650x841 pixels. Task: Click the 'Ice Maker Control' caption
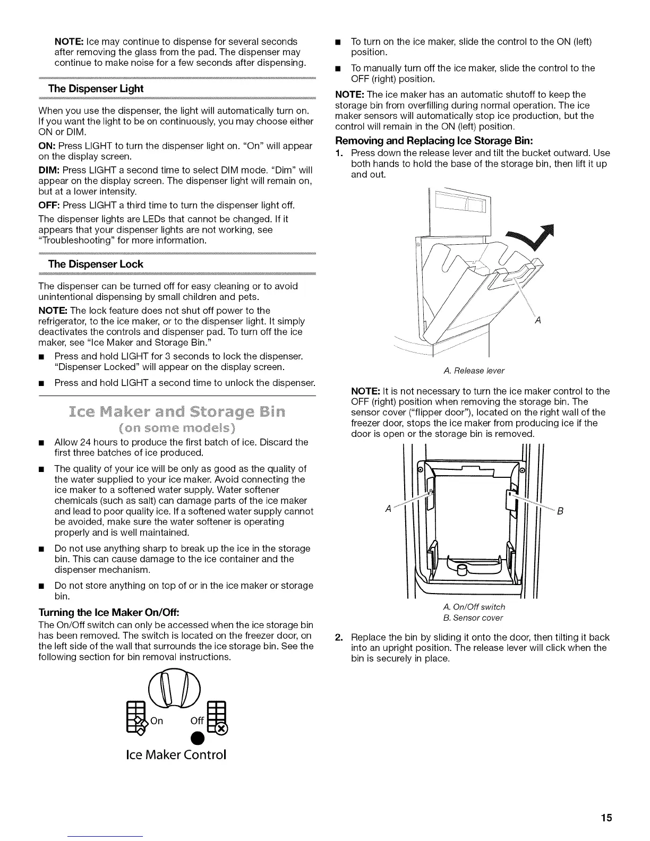pyautogui.click(x=175, y=754)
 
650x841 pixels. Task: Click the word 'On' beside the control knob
pyautogui.click(x=157, y=721)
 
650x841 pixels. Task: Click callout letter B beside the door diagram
pyautogui.click(x=560, y=511)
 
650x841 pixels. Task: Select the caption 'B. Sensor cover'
pyautogui.click(x=473, y=617)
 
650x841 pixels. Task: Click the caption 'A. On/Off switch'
pyautogui.click(x=474, y=607)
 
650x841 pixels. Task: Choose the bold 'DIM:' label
pyautogui.click(x=49, y=170)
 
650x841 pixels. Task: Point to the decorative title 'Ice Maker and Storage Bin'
pyautogui.click(x=177, y=412)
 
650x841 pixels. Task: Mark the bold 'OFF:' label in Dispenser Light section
pyautogui.click(x=49, y=205)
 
